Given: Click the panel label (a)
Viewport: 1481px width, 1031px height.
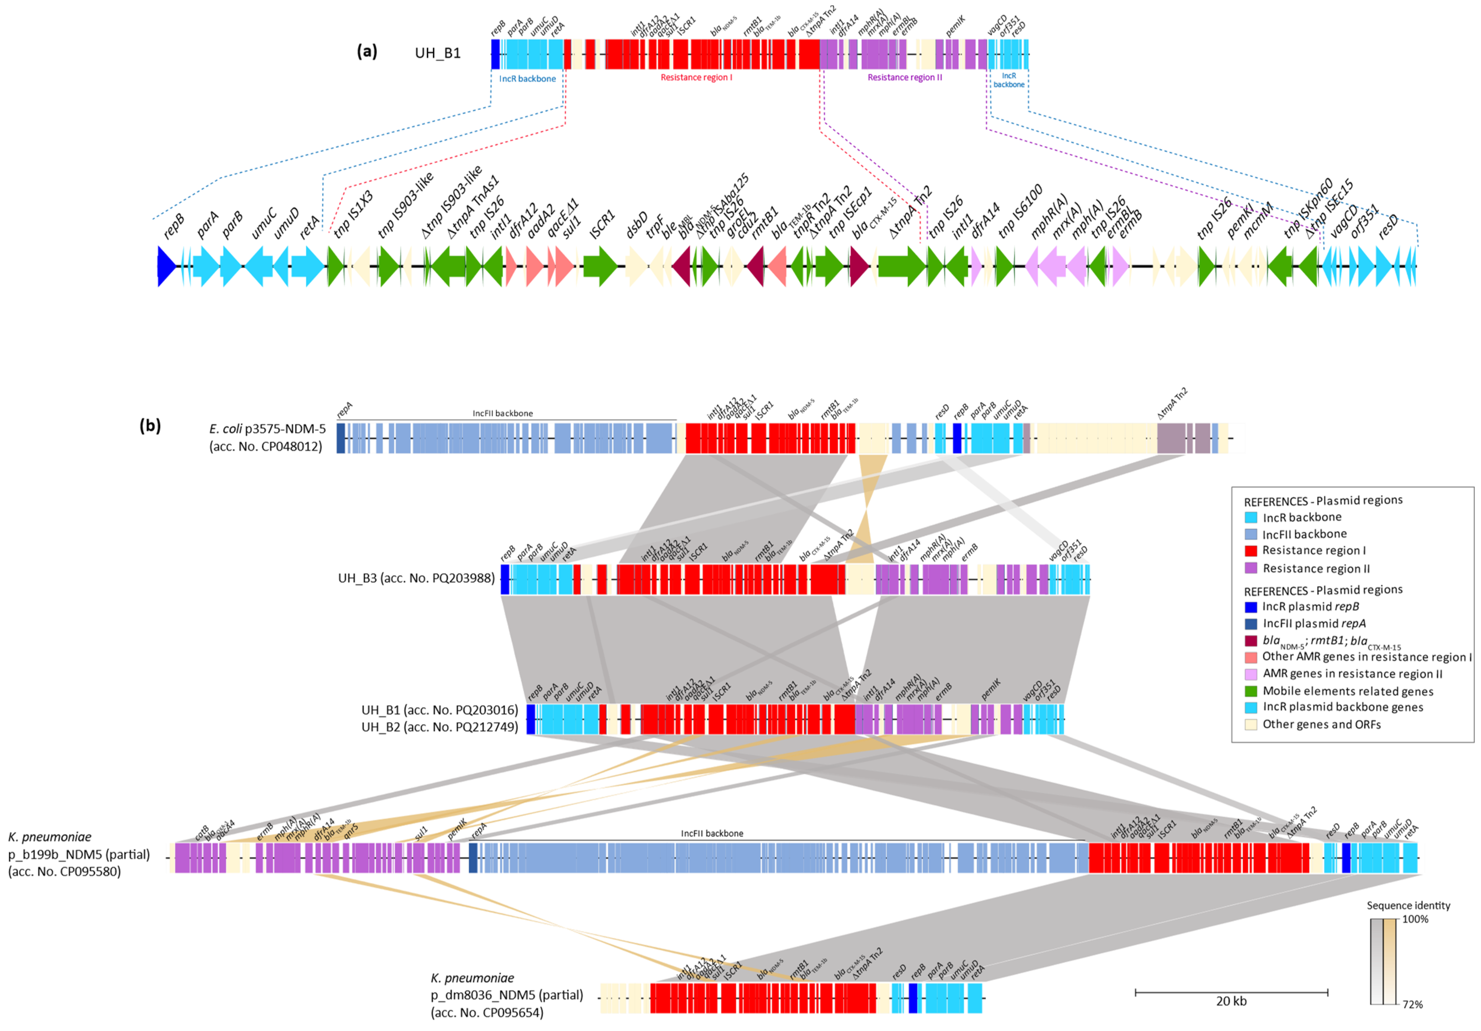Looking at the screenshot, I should (367, 52).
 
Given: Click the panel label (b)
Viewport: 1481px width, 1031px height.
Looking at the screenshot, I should (150, 426).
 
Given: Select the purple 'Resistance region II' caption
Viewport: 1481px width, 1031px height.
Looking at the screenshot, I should (904, 77).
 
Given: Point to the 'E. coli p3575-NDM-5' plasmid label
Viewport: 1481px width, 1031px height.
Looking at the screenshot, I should (268, 429).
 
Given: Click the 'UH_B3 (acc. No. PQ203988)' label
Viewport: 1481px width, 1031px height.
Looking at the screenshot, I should (416, 578).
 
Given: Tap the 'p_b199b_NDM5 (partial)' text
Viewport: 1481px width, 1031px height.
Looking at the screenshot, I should (79, 854).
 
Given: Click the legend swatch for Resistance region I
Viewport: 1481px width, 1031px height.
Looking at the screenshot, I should (1251, 550).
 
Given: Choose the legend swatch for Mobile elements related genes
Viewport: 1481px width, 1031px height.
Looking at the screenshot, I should (1251, 691).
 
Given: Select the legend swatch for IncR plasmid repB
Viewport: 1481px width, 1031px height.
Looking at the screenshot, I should (1251, 606).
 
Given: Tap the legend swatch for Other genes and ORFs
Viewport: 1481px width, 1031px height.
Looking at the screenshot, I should (1251, 724).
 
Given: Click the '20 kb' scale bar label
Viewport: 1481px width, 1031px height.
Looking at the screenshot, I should (1231, 1001).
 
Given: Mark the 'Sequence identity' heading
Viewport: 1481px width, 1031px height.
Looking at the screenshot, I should (1408, 905).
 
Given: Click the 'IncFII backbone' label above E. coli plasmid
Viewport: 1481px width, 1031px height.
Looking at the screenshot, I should (503, 413).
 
